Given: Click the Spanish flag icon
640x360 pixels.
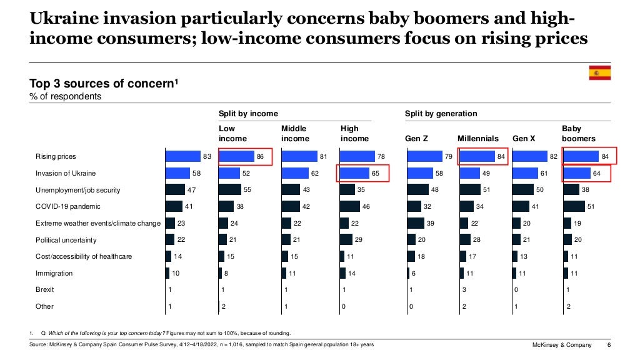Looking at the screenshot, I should click(599, 73).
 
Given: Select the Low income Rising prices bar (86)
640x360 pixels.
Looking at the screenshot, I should click(236, 156).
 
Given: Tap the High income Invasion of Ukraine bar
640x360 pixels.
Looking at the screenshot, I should click(354, 173).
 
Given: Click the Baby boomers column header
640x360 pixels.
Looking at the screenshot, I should click(578, 133).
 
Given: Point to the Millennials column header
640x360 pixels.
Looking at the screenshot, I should click(478, 138).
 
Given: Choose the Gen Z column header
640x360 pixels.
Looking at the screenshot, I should click(416, 138).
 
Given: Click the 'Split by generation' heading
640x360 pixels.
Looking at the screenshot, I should click(441, 114).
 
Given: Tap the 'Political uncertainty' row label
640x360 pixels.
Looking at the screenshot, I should click(66, 240).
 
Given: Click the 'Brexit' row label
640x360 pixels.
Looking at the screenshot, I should click(45, 290).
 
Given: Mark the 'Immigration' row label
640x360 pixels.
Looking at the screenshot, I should click(54, 273).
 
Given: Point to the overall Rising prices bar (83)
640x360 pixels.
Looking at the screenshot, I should click(182, 156).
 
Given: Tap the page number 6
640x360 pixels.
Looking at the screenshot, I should click(609, 346).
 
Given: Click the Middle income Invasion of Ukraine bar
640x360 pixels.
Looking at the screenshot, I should click(295, 173).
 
